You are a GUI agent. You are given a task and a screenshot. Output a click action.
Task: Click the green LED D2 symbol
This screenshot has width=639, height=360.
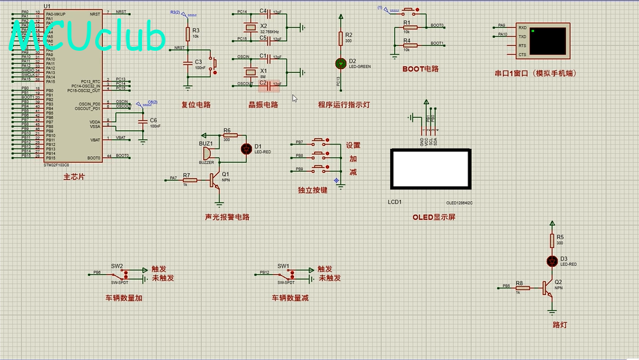tap(339, 63)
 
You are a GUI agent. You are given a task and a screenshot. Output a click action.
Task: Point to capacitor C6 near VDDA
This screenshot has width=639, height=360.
tap(143, 121)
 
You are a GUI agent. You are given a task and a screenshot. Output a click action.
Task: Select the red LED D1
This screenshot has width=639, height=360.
tap(246, 148)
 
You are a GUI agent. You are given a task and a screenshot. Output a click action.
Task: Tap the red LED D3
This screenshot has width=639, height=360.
tap(552, 261)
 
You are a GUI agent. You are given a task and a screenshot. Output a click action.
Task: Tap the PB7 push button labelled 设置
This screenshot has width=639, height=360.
tap(319, 142)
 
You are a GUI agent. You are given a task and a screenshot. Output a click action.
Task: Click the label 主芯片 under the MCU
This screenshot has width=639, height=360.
tap(74, 177)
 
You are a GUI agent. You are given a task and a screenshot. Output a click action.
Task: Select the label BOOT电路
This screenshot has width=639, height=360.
tap(420, 69)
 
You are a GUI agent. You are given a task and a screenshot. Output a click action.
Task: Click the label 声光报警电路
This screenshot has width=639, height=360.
tap(227, 217)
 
